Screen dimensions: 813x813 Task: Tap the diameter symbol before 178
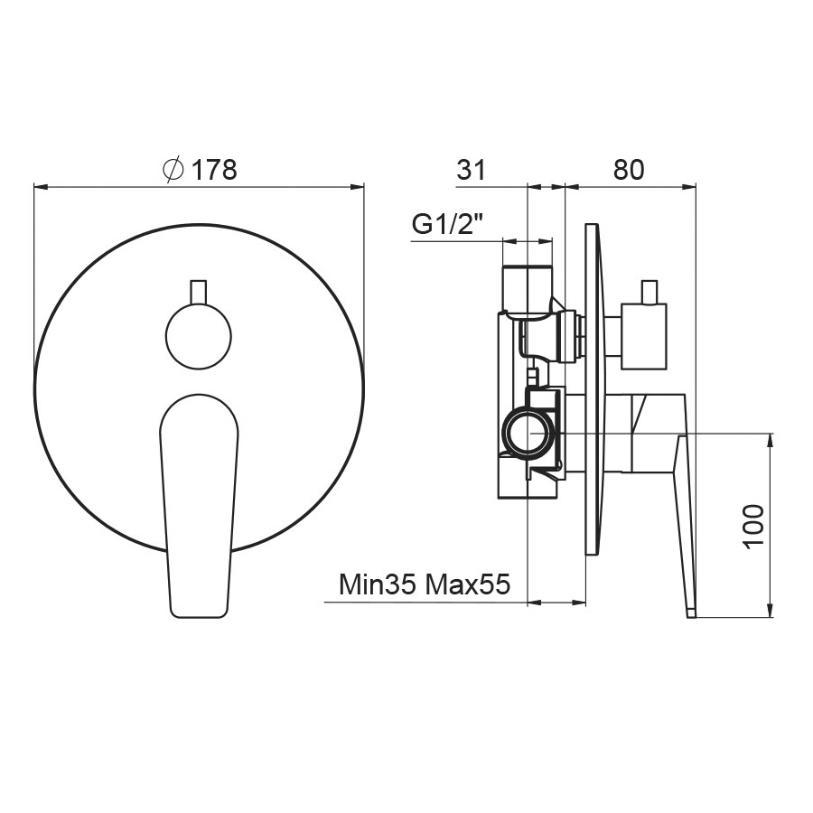(x=173, y=169)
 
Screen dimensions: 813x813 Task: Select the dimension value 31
(x=472, y=169)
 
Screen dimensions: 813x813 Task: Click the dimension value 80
(x=629, y=169)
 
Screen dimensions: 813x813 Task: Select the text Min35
(x=378, y=584)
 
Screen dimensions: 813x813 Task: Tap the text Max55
(x=469, y=584)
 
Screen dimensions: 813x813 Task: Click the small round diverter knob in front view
(x=199, y=335)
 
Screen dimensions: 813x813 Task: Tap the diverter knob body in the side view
(x=643, y=337)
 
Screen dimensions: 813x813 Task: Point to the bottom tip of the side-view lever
(x=692, y=613)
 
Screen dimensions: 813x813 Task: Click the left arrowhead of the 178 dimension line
(x=38, y=187)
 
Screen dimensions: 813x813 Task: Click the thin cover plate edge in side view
(x=592, y=389)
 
